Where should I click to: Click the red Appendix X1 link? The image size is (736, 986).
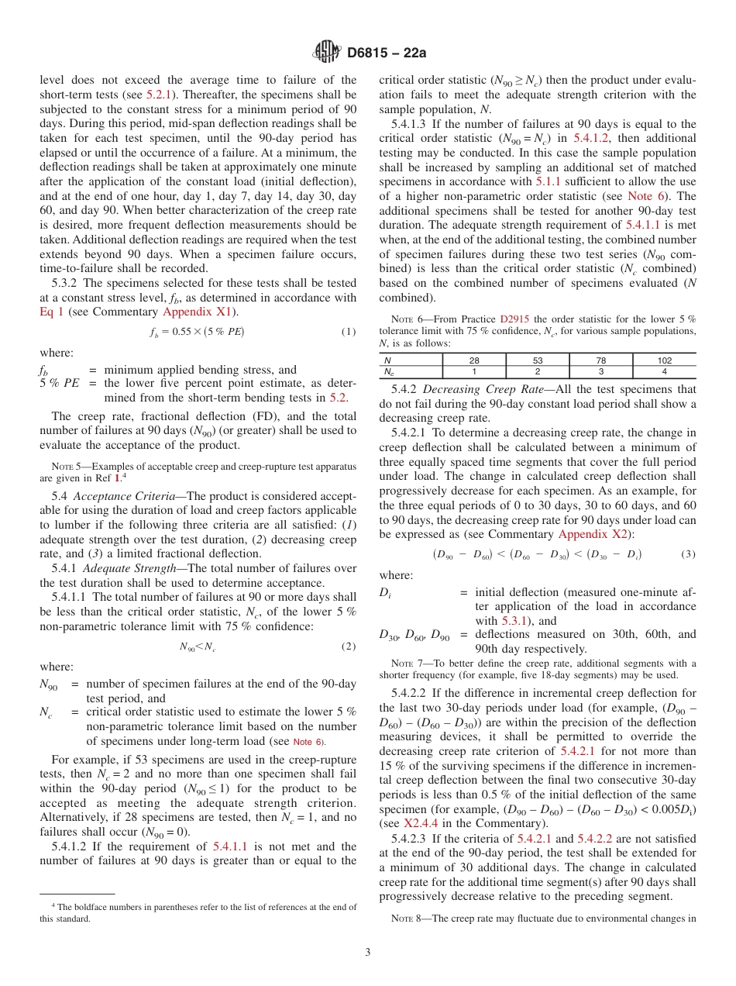click(x=191, y=312)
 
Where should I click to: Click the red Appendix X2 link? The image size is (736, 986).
click(x=589, y=534)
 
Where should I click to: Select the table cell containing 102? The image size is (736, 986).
click(x=664, y=360)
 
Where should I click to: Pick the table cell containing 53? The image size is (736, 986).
click(x=537, y=360)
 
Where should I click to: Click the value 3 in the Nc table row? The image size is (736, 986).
click(x=600, y=371)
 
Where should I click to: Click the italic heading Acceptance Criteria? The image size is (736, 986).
click(x=128, y=496)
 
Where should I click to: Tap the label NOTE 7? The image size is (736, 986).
click(x=406, y=663)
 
